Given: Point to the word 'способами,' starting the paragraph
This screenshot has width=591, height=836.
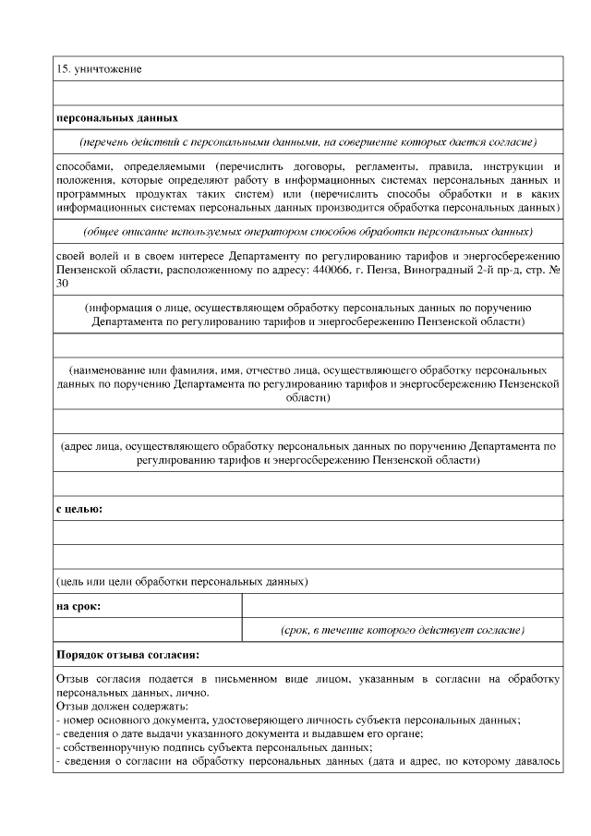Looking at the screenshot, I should click(84, 165).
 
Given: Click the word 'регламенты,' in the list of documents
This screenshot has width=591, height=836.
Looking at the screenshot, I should click(368, 165).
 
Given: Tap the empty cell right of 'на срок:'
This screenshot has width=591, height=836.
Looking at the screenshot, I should click(402, 606).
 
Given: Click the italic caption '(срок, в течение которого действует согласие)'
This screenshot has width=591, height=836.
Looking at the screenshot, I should click(403, 630).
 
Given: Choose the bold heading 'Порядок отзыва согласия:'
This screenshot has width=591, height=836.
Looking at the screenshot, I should click(127, 655).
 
